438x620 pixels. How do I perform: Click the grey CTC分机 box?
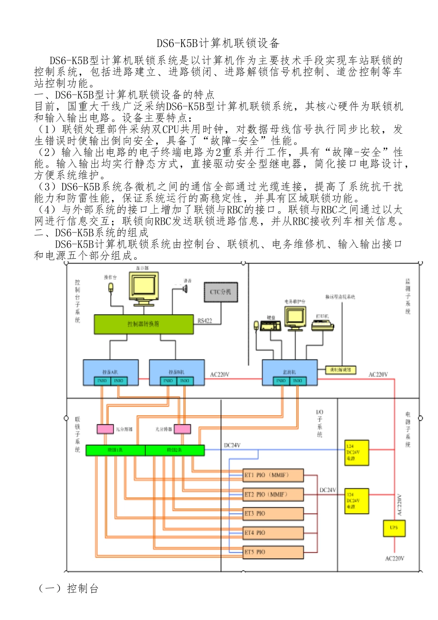[221, 292]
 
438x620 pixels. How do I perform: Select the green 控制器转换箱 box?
[143, 324]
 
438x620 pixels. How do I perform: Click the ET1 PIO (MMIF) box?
[273, 475]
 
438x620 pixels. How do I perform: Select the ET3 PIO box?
[273, 513]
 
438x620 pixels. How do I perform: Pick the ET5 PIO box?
[273, 552]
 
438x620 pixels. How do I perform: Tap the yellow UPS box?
[394, 528]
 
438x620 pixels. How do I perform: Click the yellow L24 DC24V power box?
[357, 453]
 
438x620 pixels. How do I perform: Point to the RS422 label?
[205, 321]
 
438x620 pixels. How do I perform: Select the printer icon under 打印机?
[322, 325]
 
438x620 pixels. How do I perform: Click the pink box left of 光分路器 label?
[105, 429]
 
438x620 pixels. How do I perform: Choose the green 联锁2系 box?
[175, 450]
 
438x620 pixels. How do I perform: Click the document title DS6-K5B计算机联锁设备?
[218, 43]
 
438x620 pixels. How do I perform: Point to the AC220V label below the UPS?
[395, 559]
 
